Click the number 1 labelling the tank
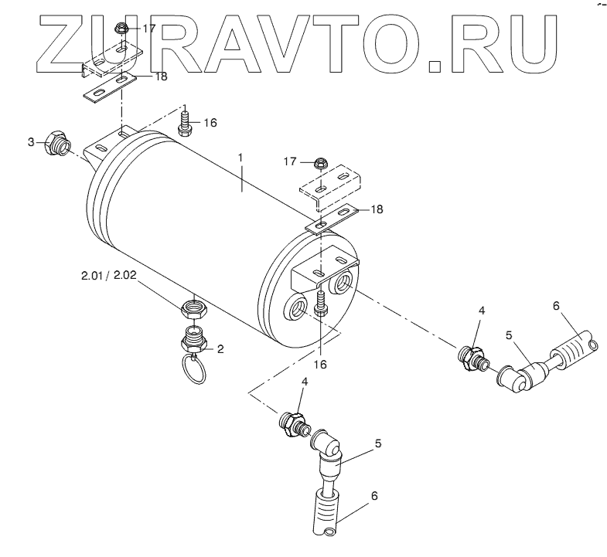coord(240,158)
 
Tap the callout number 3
coord(31,142)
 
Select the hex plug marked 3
coord(56,144)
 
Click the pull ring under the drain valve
coord(196,371)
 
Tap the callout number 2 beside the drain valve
coord(220,348)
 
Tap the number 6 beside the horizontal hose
coord(555,306)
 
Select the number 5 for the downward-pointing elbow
coord(377,443)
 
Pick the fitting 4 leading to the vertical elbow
coord(292,423)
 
